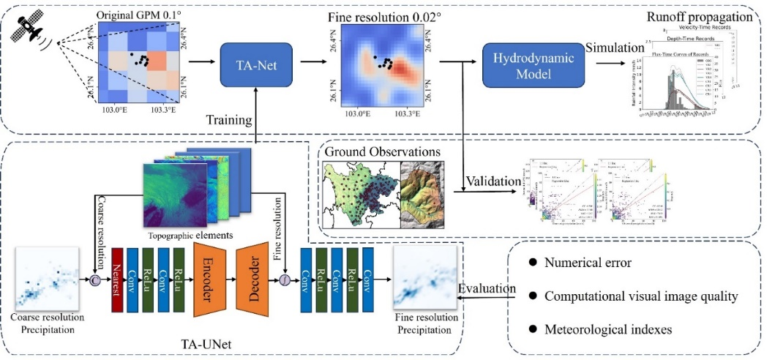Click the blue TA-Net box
click(x=257, y=63)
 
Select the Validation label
click(x=492, y=181)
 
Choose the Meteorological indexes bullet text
click(x=608, y=330)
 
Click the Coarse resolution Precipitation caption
click(x=46, y=324)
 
